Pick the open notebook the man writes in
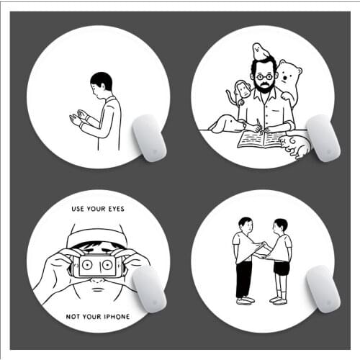pyautogui.click(x=260, y=138)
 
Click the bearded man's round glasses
pyautogui.click(x=263, y=76)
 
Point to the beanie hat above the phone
pyautogui.click(x=96, y=235)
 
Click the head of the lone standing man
pyautogui.click(x=102, y=81)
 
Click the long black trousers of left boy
pyautogui.click(x=244, y=276)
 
